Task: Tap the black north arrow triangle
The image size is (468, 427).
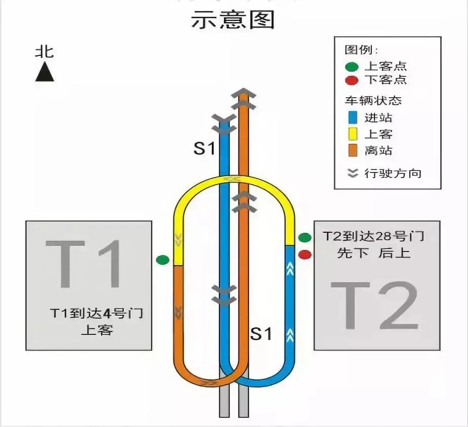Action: tap(45, 72)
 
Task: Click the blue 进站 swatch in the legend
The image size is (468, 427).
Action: tap(353, 118)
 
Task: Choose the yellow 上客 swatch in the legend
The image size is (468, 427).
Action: tap(353, 134)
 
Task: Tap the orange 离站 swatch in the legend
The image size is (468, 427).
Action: tap(353, 150)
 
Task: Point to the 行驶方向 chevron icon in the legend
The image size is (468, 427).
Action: tap(353, 173)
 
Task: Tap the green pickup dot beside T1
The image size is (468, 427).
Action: tap(163, 260)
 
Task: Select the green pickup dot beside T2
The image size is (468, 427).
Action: tap(304, 237)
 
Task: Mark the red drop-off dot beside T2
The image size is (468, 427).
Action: tap(304, 254)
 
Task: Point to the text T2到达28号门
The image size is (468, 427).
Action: tap(373, 236)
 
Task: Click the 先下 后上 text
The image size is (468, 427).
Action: tap(373, 253)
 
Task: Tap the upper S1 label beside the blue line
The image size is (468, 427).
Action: tap(205, 149)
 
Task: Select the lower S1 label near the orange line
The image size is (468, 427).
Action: tap(262, 334)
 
